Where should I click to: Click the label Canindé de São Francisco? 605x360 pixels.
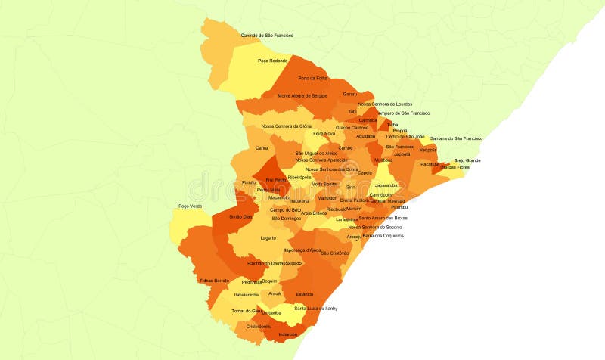267,36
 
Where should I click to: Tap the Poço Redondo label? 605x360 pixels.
272,61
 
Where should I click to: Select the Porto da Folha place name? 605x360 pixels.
313,79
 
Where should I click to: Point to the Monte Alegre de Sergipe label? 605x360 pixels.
302,96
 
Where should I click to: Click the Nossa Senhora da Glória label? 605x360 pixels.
287,126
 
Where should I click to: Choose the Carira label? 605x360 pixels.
262,148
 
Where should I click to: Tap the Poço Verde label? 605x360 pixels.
190,206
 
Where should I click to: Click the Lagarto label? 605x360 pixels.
268,238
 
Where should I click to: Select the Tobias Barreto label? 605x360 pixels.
213,281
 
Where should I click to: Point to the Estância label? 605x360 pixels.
305,293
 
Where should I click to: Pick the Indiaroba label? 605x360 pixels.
288,334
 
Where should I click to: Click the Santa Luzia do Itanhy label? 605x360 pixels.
315,309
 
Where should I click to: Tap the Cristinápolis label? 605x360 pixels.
258,327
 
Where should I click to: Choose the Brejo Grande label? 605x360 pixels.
467,160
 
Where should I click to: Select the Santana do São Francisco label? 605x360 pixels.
456,138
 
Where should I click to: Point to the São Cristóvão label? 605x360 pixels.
335,253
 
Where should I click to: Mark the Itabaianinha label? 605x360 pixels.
247,295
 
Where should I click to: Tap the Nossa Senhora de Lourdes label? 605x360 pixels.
385,104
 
